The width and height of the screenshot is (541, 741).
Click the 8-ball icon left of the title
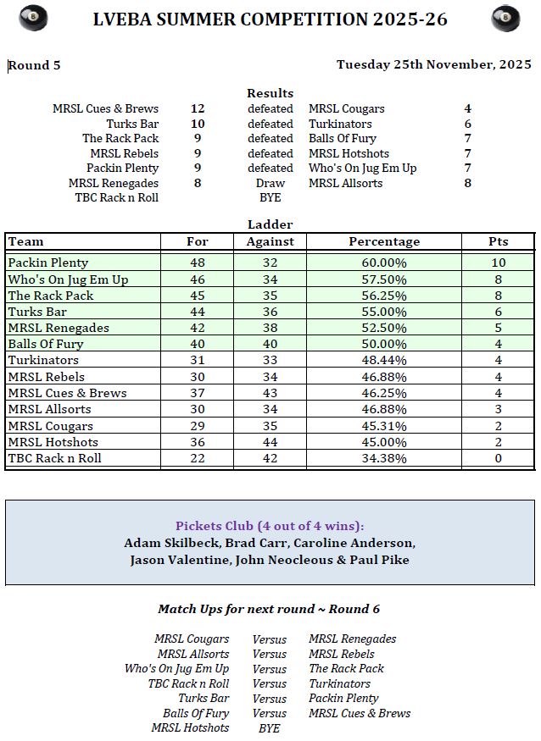(33, 18)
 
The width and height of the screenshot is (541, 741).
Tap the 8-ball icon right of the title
(505, 18)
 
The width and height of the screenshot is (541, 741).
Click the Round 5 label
(35, 65)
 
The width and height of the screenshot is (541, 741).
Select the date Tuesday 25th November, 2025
(433, 64)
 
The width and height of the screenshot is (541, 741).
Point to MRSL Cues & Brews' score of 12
(198, 108)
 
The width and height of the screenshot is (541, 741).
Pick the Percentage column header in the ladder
(384, 241)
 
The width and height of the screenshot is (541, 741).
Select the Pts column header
(499, 241)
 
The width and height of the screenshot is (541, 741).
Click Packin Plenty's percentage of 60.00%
(384, 263)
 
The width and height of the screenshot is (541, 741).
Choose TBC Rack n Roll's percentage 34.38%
(384, 458)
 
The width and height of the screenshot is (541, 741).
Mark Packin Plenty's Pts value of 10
(499, 263)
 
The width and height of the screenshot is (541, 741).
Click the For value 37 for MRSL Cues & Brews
(198, 393)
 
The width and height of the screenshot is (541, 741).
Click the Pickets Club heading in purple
(270, 525)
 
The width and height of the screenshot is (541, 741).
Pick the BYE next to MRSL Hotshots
(269, 727)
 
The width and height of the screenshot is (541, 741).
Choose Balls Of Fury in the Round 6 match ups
(196, 713)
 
